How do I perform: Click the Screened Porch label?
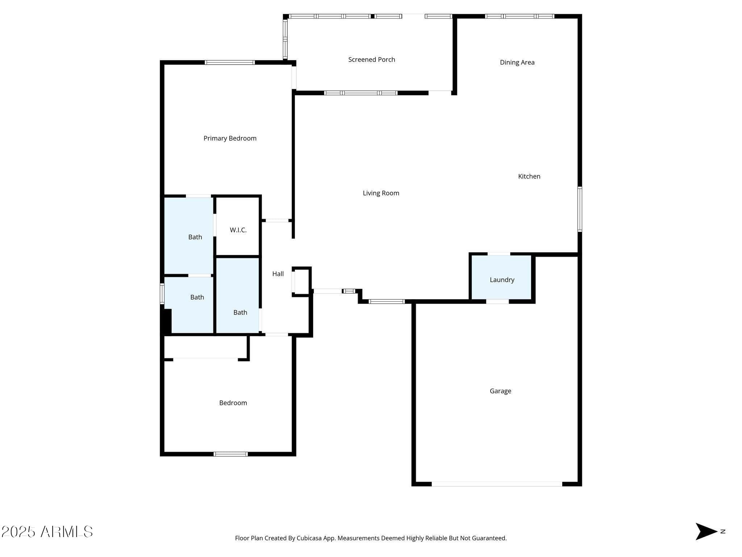(371, 59)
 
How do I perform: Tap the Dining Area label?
(517, 62)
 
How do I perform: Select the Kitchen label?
(529, 176)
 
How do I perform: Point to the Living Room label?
(381, 193)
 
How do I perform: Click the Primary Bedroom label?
(230, 138)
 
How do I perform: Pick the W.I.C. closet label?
(238, 230)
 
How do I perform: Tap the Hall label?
(278, 274)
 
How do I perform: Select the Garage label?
(500, 391)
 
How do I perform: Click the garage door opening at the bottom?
(497, 484)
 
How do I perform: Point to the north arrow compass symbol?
(706, 532)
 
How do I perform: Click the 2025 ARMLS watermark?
(47, 532)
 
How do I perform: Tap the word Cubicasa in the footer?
(310, 538)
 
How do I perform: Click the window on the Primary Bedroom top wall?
(230, 62)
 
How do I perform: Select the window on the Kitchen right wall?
(580, 209)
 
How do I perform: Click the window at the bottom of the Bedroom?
(230, 454)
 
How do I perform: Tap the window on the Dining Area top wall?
(520, 16)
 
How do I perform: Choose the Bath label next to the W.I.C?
(195, 237)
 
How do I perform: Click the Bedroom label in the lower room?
(233, 403)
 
